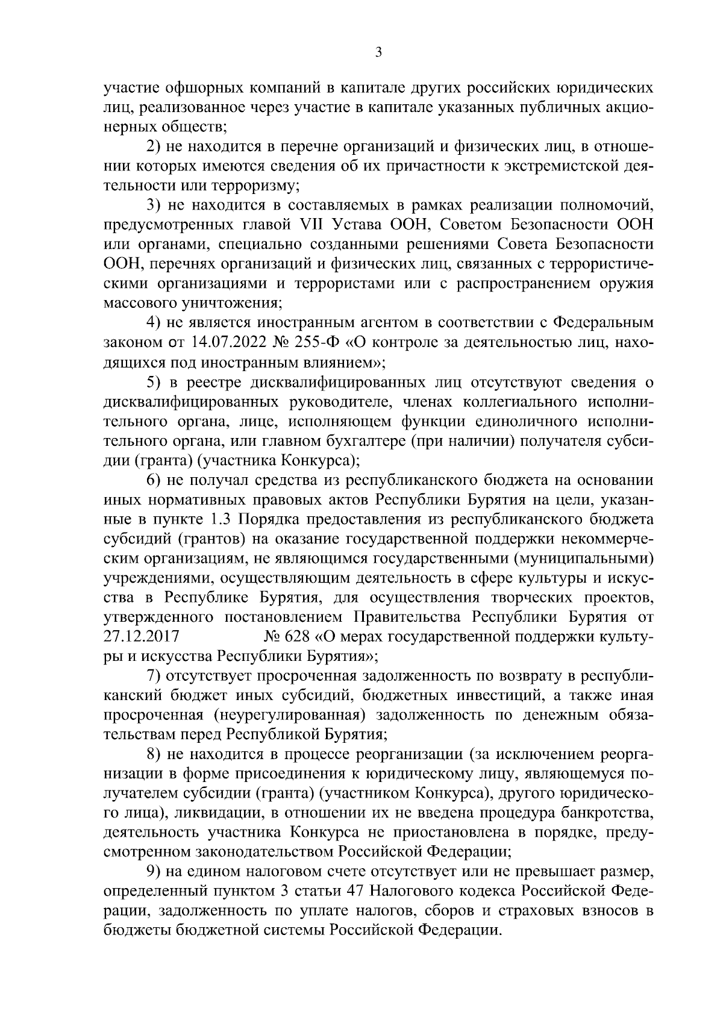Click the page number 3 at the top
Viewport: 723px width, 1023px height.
[x=378, y=52]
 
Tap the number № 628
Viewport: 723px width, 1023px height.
[x=286, y=636]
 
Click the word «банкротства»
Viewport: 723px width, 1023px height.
[x=610, y=813]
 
